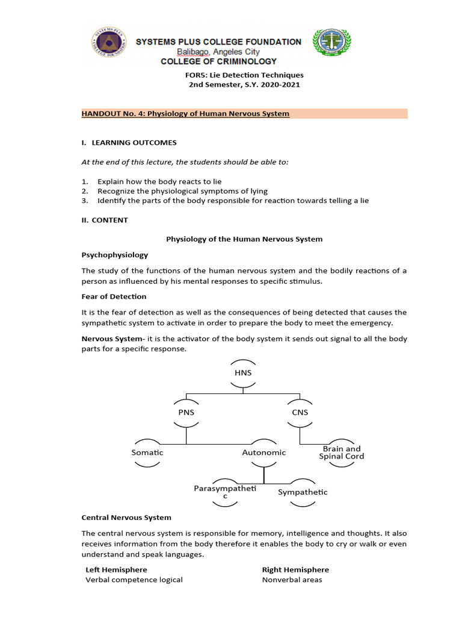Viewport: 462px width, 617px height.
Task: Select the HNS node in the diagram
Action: coord(243,373)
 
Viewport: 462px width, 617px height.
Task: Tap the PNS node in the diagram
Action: coord(186,412)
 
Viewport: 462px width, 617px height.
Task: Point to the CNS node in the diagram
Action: coord(300,412)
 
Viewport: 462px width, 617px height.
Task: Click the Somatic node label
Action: coord(147,452)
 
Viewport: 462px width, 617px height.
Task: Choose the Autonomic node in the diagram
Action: coord(264,452)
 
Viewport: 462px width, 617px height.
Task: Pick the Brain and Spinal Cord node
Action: coord(342,453)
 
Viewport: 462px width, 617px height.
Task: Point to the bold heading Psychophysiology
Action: coord(115,255)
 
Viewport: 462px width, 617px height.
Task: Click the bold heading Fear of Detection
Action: coord(114,296)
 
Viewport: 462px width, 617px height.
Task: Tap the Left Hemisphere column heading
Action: coord(116,569)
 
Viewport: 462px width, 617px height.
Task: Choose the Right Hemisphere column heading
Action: coord(295,569)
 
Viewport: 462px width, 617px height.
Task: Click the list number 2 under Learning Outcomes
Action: coord(85,191)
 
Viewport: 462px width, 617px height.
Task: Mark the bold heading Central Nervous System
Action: coord(126,518)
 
